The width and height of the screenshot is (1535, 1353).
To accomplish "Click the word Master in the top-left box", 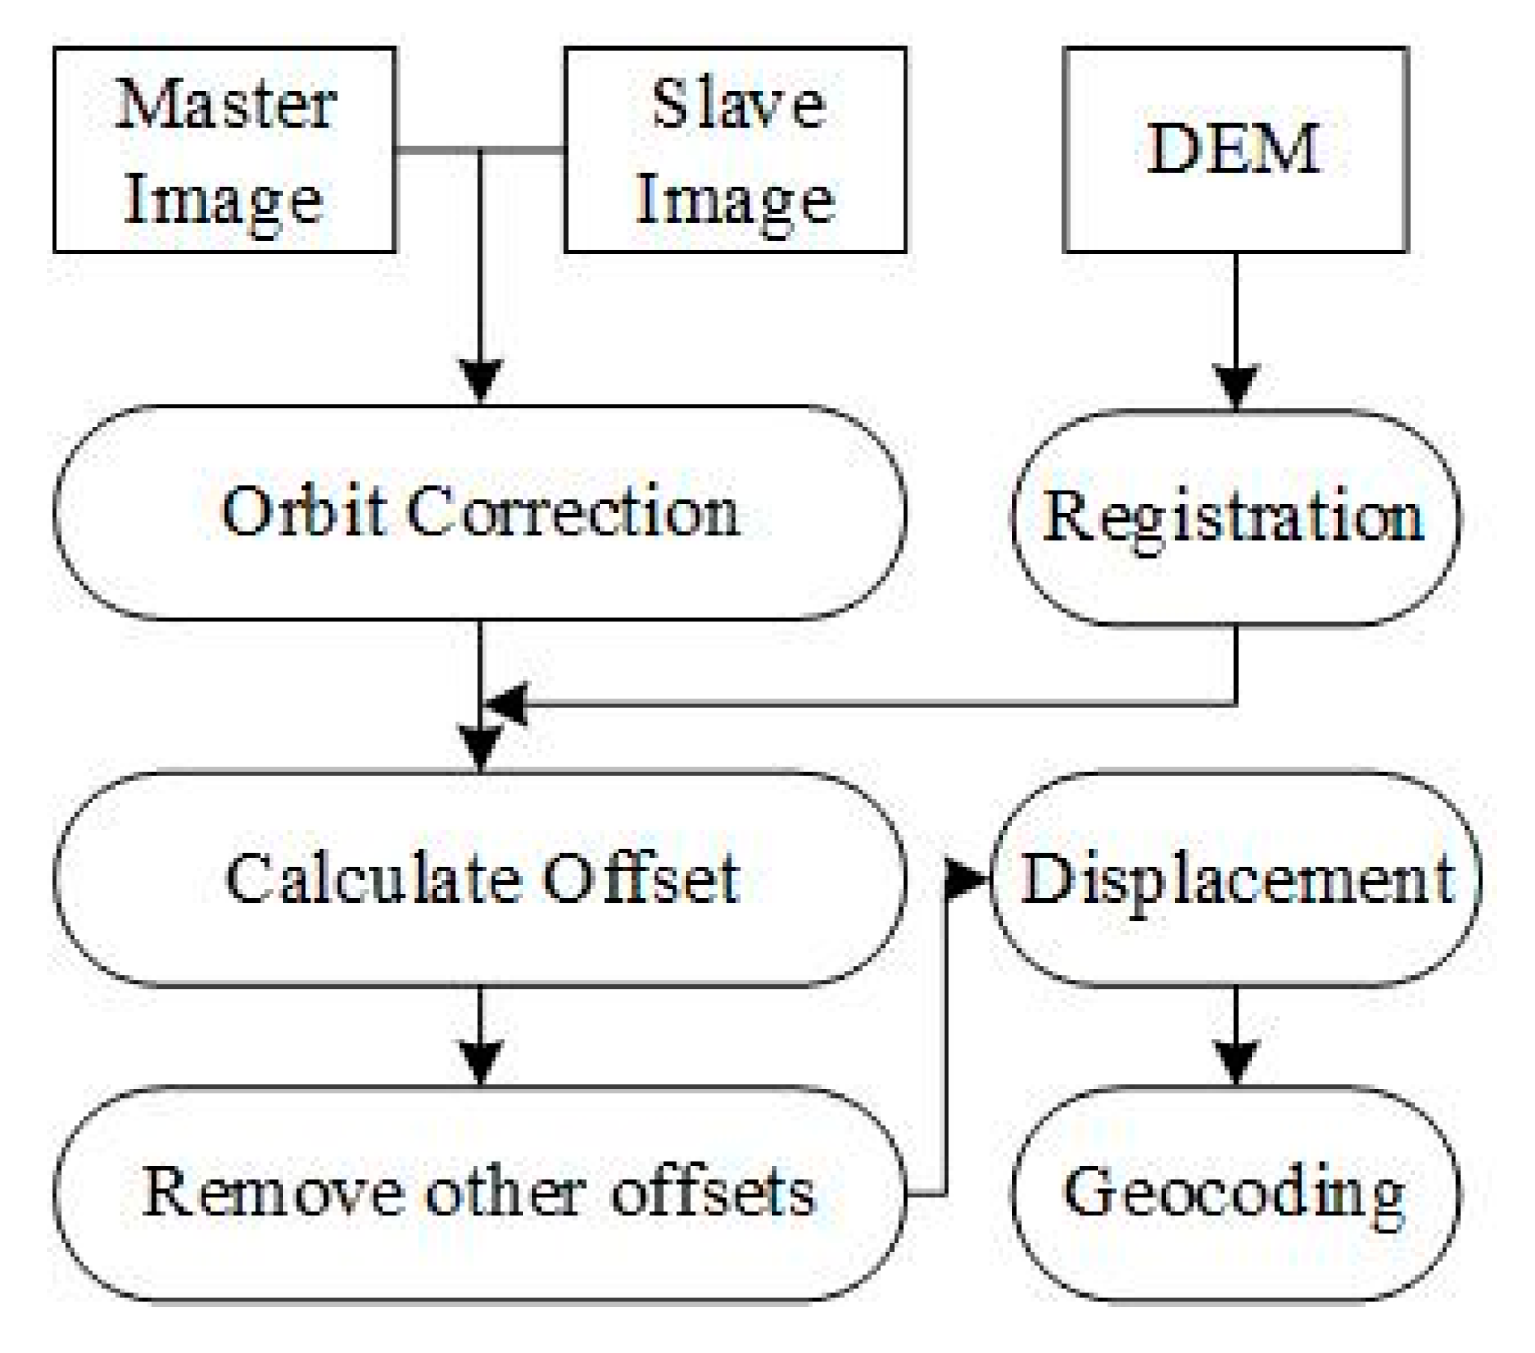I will tap(225, 105).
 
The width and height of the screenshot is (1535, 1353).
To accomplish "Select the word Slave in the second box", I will tap(738, 105).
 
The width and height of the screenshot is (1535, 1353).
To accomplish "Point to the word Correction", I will tap(572, 512).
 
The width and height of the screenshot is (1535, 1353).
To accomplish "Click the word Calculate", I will tap(370, 878).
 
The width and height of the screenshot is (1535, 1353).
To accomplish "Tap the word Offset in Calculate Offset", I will tap(641, 878).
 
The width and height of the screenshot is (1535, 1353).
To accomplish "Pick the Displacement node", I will tap(1237, 878).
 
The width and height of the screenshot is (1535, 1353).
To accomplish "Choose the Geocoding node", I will tap(1234, 1194).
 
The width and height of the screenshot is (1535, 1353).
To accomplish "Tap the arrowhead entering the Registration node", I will tap(1236, 386).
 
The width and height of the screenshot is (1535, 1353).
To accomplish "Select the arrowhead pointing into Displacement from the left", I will tap(965, 878).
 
